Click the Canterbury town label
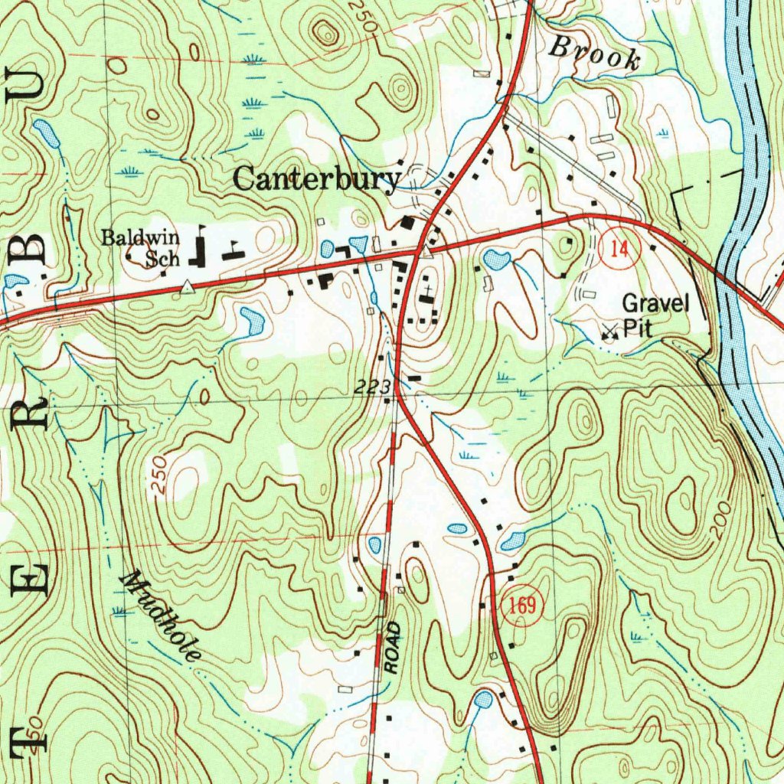(x=315, y=180)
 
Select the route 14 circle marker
(x=619, y=250)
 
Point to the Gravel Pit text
(x=655, y=315)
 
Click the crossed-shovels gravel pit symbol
(x=609, y=332)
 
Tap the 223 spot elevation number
(x=373, y=387)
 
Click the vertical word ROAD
(x=393, y=648)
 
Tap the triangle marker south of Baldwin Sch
(x=188, y=287)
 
